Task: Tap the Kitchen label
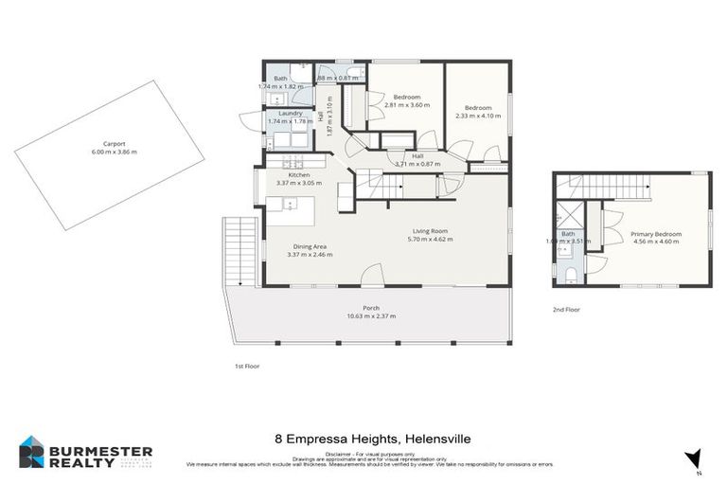[x=299, y=175]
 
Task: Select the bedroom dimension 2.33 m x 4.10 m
[x=478, y=117]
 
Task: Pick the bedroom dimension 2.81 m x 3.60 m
[x=407, y=104]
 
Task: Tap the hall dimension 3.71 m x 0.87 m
[x=417, y=164]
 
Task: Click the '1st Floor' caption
[x=247, y=366]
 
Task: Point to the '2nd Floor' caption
[x=565, y=310]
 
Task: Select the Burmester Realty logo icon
[x=32, y=452]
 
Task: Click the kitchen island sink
[x=291, y=204]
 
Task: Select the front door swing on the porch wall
[x=373, y=275]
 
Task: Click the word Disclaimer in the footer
[x=337, y=455]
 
